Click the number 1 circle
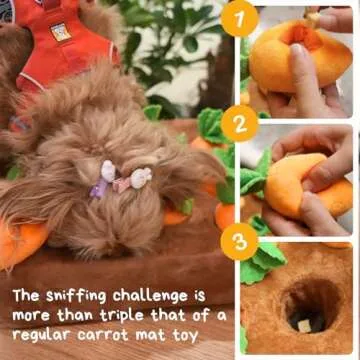click(x=240, y=19)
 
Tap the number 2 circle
click(x=240, y=123)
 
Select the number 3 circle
click(x=240, y=240)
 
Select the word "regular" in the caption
click(x=46, y=336)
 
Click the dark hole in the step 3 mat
click(x=303, y=305)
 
